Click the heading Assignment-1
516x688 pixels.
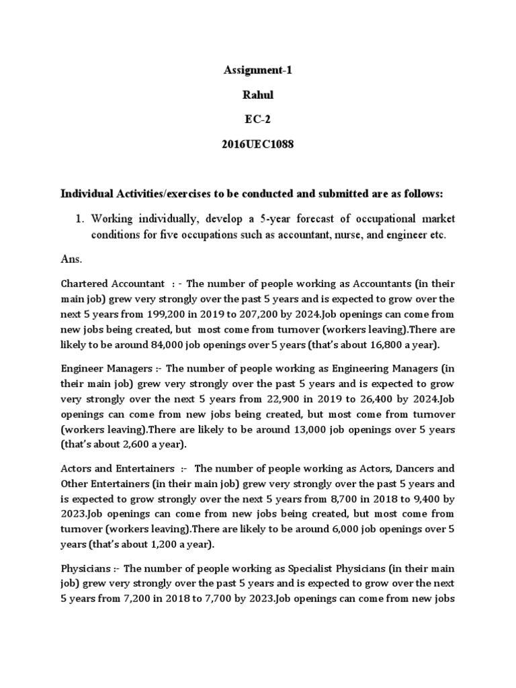258,71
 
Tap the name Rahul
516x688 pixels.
258,95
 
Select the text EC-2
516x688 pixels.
258,120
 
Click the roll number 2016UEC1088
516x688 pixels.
258,145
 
